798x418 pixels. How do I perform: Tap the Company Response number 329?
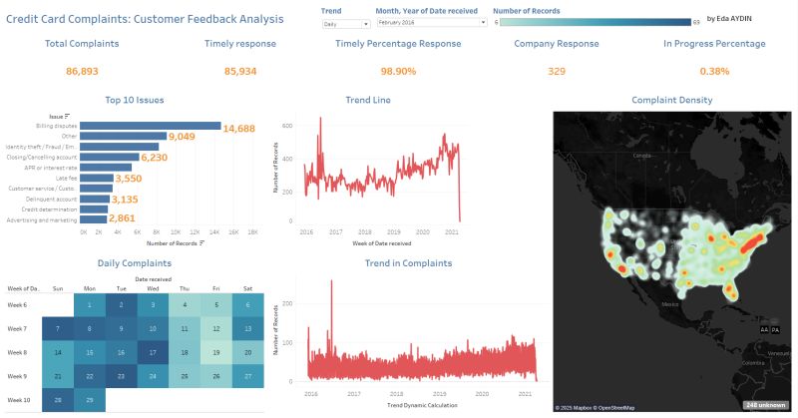pyautogui.click(x=557, y=72)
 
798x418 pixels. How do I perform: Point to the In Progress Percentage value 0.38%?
pyautogui.click(x=714, y=72)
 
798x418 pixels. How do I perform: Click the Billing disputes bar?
pyautogui.click(x=150, y=126)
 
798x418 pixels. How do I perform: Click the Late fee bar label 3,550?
pyautogui.click(x=129, y=178)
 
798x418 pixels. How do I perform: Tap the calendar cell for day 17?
pyautogui.click(x=152, y=352)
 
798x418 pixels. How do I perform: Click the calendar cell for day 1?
pyautogui.click(x=90, y=305)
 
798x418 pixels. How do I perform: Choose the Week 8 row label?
pyautogui.click(x=19, y=352)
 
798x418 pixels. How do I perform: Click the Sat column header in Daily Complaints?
pyautogui.click(x=245, y=288)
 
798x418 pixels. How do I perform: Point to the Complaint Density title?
pyautogui.click(x=672, y=100)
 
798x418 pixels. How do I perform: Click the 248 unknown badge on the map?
pyautogui.click(x=765, y=404)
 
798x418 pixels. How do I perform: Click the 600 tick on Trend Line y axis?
pyautogui.click(x=287, y=127)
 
